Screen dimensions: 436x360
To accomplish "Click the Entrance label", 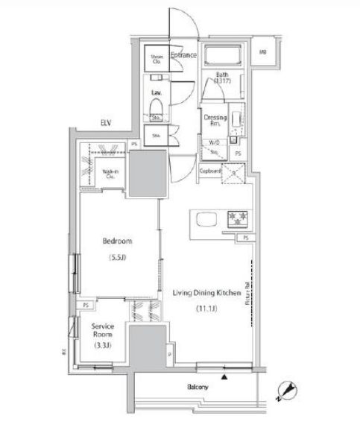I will coord(183,55).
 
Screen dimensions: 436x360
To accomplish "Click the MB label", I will coord(263,52).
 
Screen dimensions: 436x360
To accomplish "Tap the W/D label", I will coord(214,142).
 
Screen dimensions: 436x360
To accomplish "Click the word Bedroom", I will coord(118,241).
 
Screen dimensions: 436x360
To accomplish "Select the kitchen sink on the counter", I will coord(204,218).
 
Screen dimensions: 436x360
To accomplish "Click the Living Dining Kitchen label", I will coord(206,294).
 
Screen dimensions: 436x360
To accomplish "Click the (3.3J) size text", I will coord(101,346).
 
